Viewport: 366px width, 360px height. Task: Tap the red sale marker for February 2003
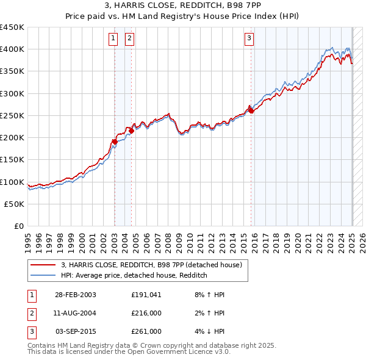pos(114,142)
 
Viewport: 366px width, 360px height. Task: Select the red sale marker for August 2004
pos(131,131)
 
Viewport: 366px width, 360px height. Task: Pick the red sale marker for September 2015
pos(251,110)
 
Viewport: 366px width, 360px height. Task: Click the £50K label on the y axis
pos(13,204)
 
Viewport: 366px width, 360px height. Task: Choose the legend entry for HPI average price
pos(134,276)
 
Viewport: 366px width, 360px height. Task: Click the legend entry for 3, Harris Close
pos(152,265)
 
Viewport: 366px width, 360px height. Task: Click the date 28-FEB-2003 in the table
pos(76,295)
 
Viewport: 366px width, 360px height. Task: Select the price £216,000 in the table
pos(146,313)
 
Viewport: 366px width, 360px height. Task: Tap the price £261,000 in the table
pos(146,331)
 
